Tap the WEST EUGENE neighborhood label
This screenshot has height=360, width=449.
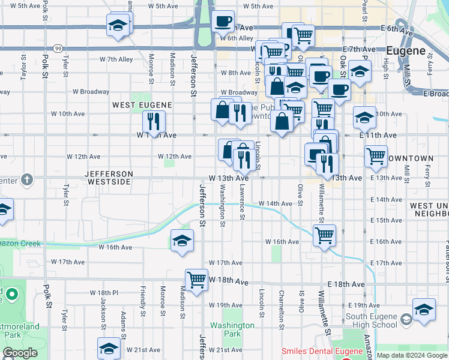[x=142, y=105]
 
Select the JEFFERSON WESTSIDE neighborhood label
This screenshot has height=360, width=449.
[x=108, y=178]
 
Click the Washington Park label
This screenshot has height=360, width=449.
[x=225, y=329]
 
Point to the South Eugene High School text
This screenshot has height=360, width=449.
[x=372, y=320]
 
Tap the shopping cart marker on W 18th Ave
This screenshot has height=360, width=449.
[x=196, y=280]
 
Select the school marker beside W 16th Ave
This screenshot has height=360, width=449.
[x=182, y=241]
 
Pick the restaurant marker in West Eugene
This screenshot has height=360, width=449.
[x=154, y=122]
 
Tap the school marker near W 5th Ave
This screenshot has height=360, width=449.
[x=118, y=25]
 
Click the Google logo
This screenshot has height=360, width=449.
[x=20, y=352]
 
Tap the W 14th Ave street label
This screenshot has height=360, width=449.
[x=275, y=204]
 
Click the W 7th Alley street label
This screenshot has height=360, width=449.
[x=116, y=59]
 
